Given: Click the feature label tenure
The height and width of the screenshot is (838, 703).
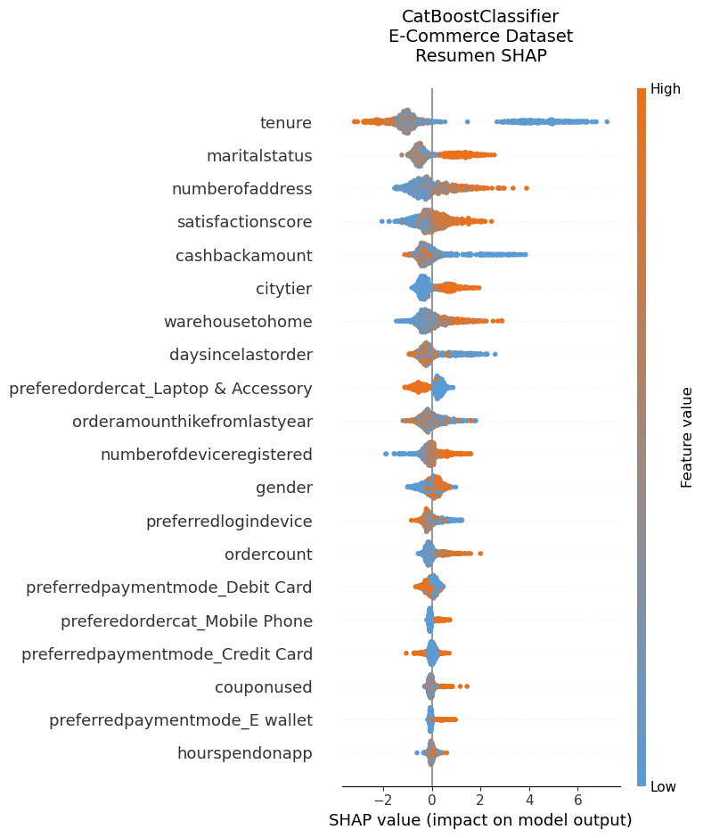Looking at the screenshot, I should click(285, 123).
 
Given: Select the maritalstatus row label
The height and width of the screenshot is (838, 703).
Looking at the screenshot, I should click(258, 156).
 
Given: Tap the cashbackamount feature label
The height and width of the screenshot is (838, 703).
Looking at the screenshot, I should click(243, 256).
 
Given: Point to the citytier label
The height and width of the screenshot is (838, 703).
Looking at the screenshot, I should click(283, 289).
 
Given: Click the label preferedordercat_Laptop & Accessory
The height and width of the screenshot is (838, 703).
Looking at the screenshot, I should click(160, 389).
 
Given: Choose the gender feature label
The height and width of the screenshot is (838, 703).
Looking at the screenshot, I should click(283, 488).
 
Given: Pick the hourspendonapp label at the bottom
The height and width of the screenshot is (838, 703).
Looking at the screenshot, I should click(244, 753).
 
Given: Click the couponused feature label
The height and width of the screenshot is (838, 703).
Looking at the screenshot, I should click(263, 687).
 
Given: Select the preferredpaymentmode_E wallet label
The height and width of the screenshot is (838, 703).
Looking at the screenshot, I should click(180, 720).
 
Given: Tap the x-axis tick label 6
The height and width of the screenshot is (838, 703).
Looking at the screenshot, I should click(578, 800).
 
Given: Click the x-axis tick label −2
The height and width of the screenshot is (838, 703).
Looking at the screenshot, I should click(383, 800).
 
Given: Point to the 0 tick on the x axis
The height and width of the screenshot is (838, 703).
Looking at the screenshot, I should click(432, 800).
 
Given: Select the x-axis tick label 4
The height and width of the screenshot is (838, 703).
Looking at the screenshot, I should click(529, 800).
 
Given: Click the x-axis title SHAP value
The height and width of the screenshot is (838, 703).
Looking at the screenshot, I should click(480, 820).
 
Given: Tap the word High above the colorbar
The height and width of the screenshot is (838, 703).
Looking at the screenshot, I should click(665, 89).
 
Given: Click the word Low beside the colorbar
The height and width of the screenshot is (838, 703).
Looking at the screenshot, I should click(664, 785).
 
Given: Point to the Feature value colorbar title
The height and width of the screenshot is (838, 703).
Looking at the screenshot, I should click(687, 437).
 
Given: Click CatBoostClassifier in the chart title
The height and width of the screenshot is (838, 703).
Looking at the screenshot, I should click(480, 17).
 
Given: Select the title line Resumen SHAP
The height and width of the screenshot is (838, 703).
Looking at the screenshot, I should click(480, 55).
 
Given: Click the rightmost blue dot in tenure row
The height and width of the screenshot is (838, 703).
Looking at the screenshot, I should click(607, 121).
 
